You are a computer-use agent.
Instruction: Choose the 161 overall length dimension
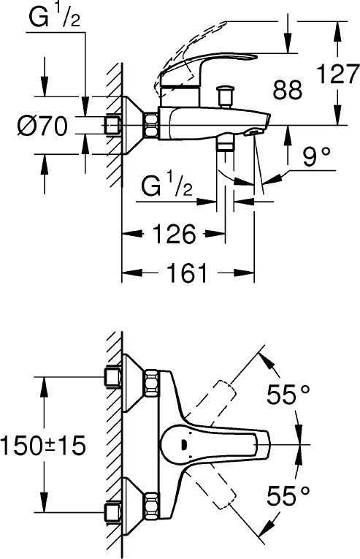[x=187, y=273]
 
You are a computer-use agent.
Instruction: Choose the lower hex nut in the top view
[x=152, y=504]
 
